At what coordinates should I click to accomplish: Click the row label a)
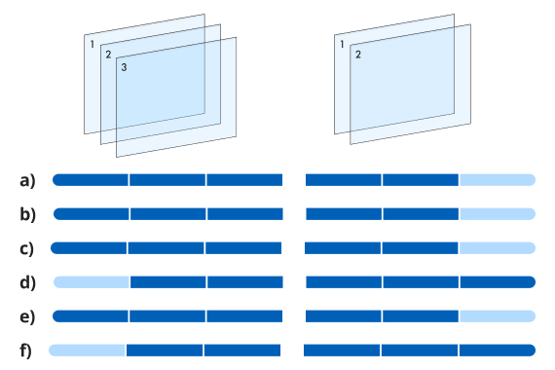[x=27, y=180]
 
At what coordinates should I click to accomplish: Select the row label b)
[x=27, y=214]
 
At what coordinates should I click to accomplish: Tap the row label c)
[x=26, y=248]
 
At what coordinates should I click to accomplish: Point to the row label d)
[x=27, y=282]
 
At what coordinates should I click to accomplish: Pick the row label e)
[x=27, y=316]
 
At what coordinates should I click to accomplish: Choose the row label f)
[x=25, y=351]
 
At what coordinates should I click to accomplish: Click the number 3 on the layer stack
[x=124, y=67]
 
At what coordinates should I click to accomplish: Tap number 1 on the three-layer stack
[x=92, y=44]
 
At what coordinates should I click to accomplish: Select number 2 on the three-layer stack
[x=108, y=55]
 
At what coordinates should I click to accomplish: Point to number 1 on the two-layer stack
[x=342, y=44]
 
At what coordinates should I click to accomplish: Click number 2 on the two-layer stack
[x=358, y=55]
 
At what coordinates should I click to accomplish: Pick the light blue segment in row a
[x=498, y=180]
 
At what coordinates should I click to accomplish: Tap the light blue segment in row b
[x=498, y=214]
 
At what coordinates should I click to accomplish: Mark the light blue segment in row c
[x=498, y=248]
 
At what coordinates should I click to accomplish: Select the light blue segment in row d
[x=92, y=282]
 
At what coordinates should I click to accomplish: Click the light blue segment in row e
[x=498, y=316]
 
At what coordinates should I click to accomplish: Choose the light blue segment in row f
[x=87, y=351]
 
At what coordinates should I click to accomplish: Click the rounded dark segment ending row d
[x=498, y=282]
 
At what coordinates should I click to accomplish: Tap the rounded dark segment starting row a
[x=91, y=180]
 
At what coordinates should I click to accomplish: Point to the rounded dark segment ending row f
[x=498, y=351]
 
